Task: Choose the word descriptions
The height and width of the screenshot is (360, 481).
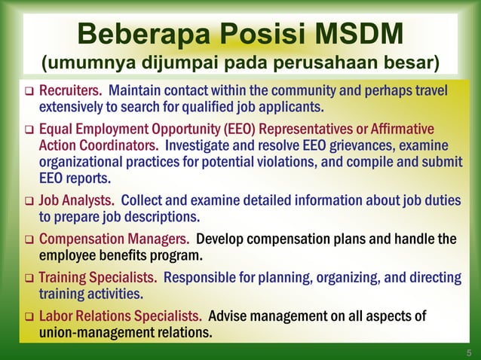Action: pyautogui.click(x=159, y=218)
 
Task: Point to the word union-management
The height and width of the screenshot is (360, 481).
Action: pyautogui.click(x=94, y=332)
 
